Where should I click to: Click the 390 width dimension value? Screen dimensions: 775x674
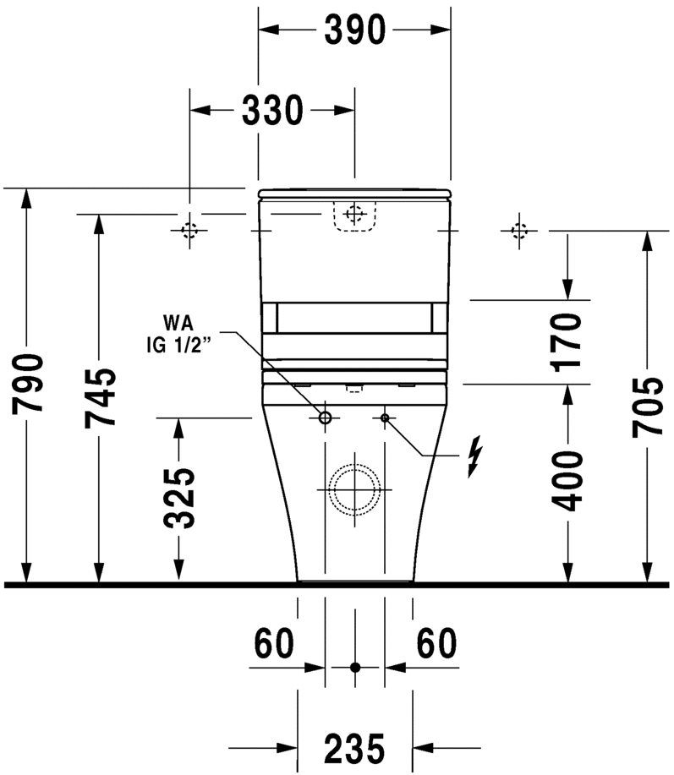coord(354,30)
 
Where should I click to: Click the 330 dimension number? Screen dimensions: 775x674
coord(273,110)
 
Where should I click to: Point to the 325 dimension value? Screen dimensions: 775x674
coord(179,499)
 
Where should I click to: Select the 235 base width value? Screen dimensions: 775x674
coord(354,747)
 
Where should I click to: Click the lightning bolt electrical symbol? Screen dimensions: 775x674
coord(475,456)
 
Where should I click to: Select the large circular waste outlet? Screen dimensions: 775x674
coord(354,489)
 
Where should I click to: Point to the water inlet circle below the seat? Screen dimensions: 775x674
coord(325,418)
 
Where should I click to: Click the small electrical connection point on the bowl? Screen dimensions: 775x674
coord(385,418)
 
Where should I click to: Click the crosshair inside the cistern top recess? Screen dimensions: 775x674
coord(354,214)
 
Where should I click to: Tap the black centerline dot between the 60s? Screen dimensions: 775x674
coord(354,667)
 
